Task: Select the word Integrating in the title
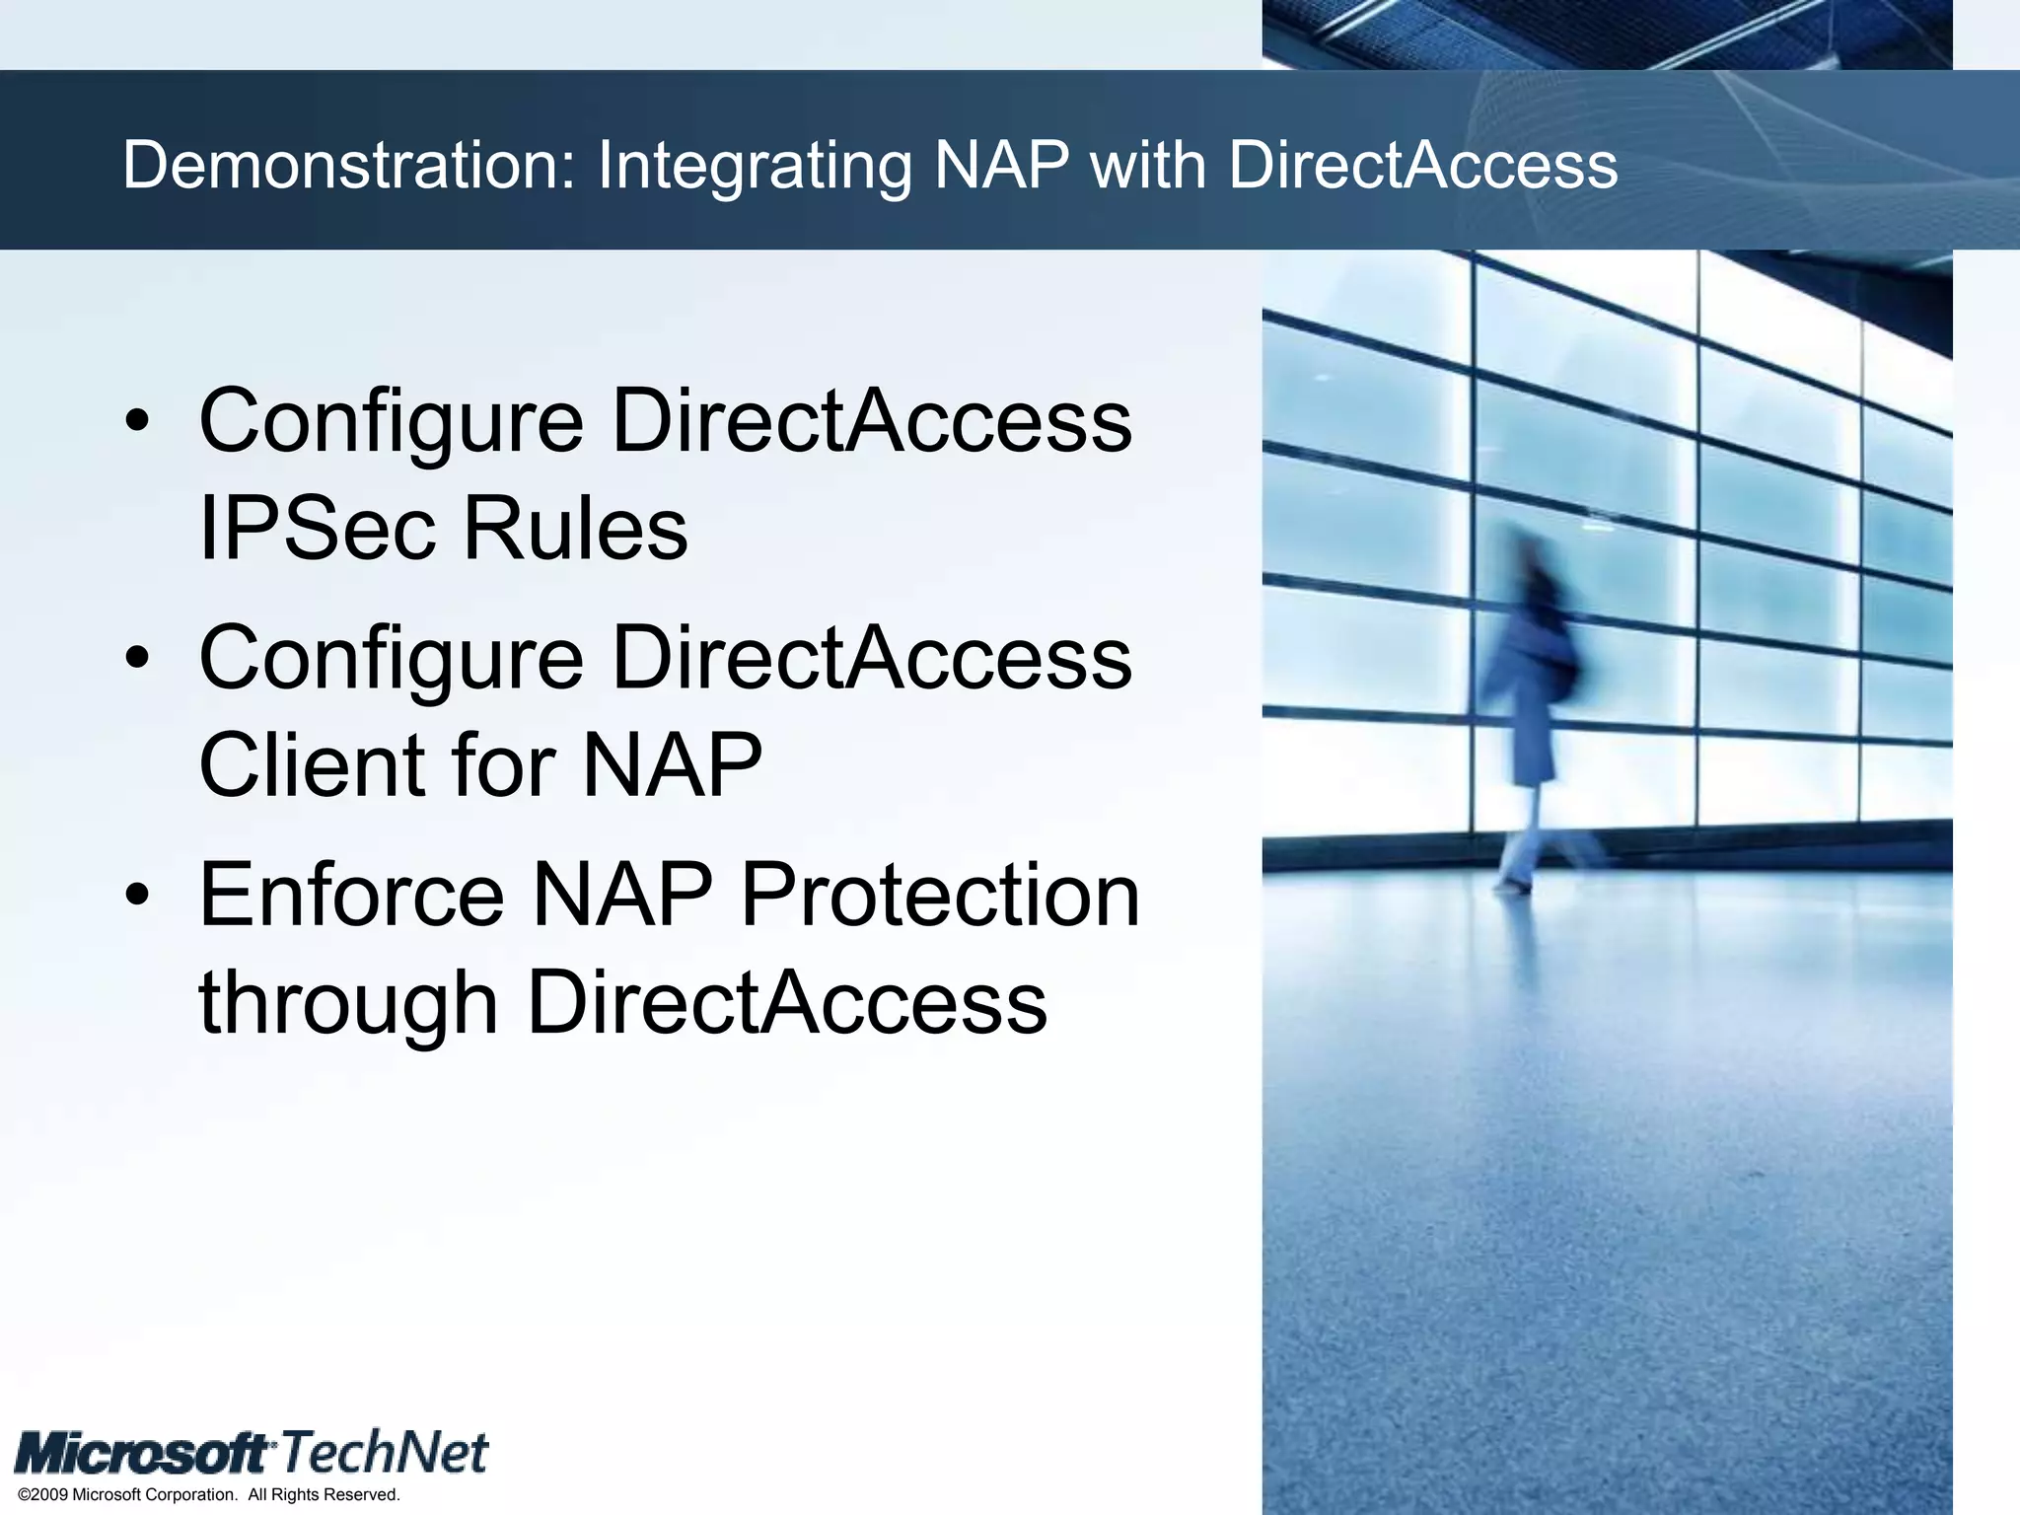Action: point(755,167)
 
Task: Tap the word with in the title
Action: point(1148,165)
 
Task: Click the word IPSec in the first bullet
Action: point(317,529)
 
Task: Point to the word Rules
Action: point(575,529)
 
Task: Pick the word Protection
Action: point(940,895)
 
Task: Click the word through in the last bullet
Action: point(348,1004)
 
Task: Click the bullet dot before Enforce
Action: point(138,895)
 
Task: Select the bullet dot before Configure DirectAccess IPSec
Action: point(138,421)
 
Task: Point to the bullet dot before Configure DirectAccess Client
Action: point(138,658)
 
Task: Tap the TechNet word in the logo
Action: point(386,1453)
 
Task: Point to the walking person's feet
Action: point(1514,881)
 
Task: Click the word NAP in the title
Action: point(1000,165)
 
